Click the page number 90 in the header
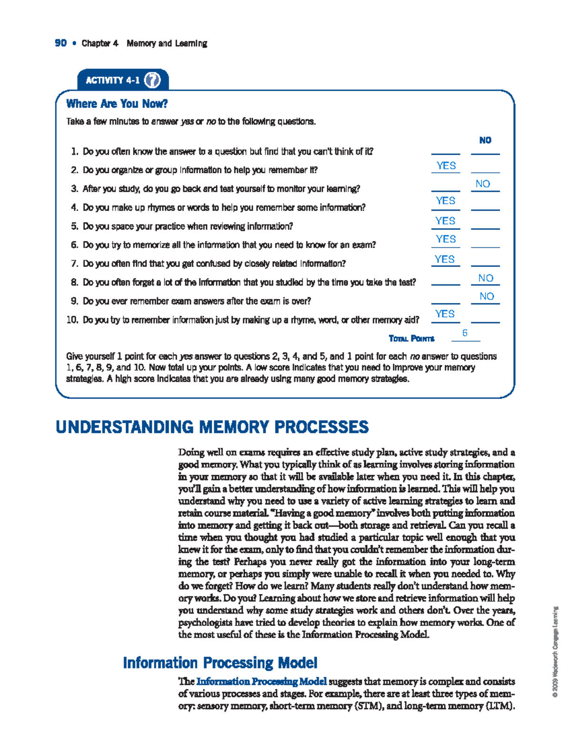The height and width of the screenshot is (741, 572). [x=61, y=43]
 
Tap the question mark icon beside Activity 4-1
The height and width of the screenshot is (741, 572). [x=152, y=80]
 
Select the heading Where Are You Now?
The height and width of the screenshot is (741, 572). [x=117, y=104]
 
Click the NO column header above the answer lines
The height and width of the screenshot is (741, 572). [x=485, y=140]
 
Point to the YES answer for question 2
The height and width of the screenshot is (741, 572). [x=446, y=166]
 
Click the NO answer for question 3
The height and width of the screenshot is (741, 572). [x=483, y=184]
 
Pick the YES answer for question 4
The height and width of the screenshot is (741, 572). [x=446, y=201]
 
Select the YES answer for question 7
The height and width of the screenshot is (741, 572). [x=445, y=259]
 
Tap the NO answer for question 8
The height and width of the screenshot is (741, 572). [x=486, y=278]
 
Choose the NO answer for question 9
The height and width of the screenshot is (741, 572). [x=487, y=296]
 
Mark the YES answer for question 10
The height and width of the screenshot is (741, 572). [x=445, y=313]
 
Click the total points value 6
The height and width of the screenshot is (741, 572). [x=465, y=333]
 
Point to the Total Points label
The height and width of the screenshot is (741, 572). [x=411, y=339]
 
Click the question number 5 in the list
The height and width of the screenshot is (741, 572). [x=74, y=226]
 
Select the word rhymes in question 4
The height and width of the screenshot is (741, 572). [x=161, y=208]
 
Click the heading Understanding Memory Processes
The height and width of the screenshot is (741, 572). [x=212, y=427]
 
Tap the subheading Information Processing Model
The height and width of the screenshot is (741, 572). [x=220, y=662]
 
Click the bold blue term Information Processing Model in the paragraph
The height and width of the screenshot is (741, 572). [x=262, y=681]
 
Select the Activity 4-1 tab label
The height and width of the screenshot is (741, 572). [x=112, y=80]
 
